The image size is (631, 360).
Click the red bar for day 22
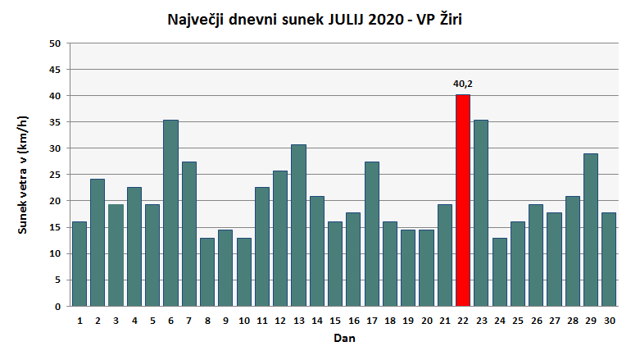click(463, 201)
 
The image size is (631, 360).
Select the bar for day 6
click(170, 213)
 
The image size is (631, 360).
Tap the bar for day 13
click(298, 226)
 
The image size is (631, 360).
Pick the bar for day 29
click(591, 230)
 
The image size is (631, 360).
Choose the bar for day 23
click(481, 213)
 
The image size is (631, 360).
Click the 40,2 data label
click(463, 83)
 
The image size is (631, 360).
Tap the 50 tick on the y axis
click(55, 43)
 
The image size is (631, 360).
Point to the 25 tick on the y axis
click(55, 175)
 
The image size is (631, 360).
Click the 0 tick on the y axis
click(58, 307)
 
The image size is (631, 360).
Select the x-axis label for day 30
click(609, 321)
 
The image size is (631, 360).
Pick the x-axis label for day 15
click(334, 321)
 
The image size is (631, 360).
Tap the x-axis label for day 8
click(207, 321)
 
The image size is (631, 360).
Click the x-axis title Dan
click(344, 338)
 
